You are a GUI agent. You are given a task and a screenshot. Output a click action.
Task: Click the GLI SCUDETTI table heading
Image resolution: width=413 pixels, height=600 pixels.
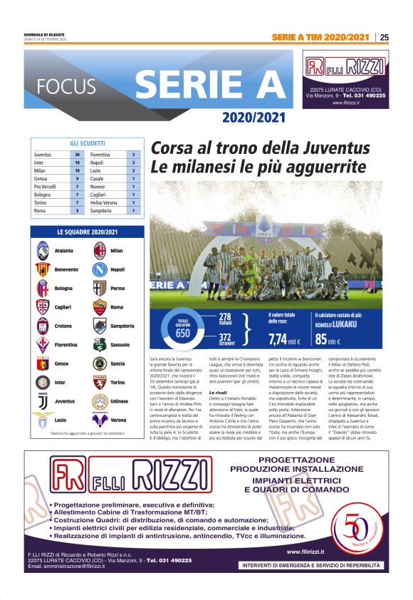(88, 143)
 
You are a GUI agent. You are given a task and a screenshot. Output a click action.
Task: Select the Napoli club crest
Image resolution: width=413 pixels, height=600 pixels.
(100, 269)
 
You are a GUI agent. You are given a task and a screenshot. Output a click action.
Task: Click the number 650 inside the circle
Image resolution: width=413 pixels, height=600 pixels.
(183, 333)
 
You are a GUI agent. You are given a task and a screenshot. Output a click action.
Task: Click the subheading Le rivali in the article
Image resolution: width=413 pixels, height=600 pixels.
(219, 392)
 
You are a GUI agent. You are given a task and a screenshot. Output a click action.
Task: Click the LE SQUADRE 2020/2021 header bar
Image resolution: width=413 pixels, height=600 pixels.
(88, 232)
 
